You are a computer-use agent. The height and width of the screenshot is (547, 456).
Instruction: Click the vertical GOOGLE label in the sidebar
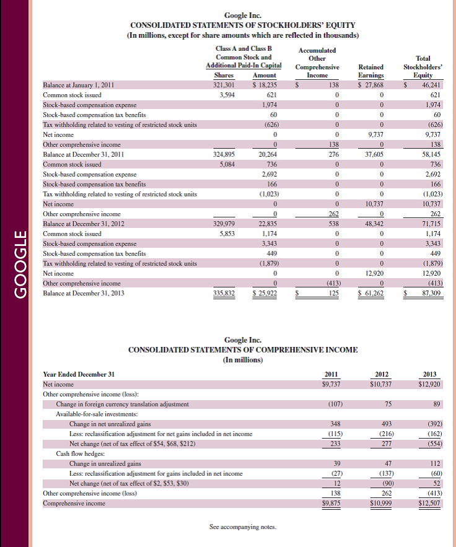click(20, 265)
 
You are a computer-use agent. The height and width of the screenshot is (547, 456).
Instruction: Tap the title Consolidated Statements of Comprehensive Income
click(242, 349)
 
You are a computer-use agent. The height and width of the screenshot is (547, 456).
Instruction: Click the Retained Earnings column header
click(370, 71)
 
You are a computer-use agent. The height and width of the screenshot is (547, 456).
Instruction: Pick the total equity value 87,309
click(428, 292)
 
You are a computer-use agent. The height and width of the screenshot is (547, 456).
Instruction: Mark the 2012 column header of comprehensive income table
click(382, 374)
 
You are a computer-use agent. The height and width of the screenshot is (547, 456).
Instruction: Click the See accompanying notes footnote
click(242, 527)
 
